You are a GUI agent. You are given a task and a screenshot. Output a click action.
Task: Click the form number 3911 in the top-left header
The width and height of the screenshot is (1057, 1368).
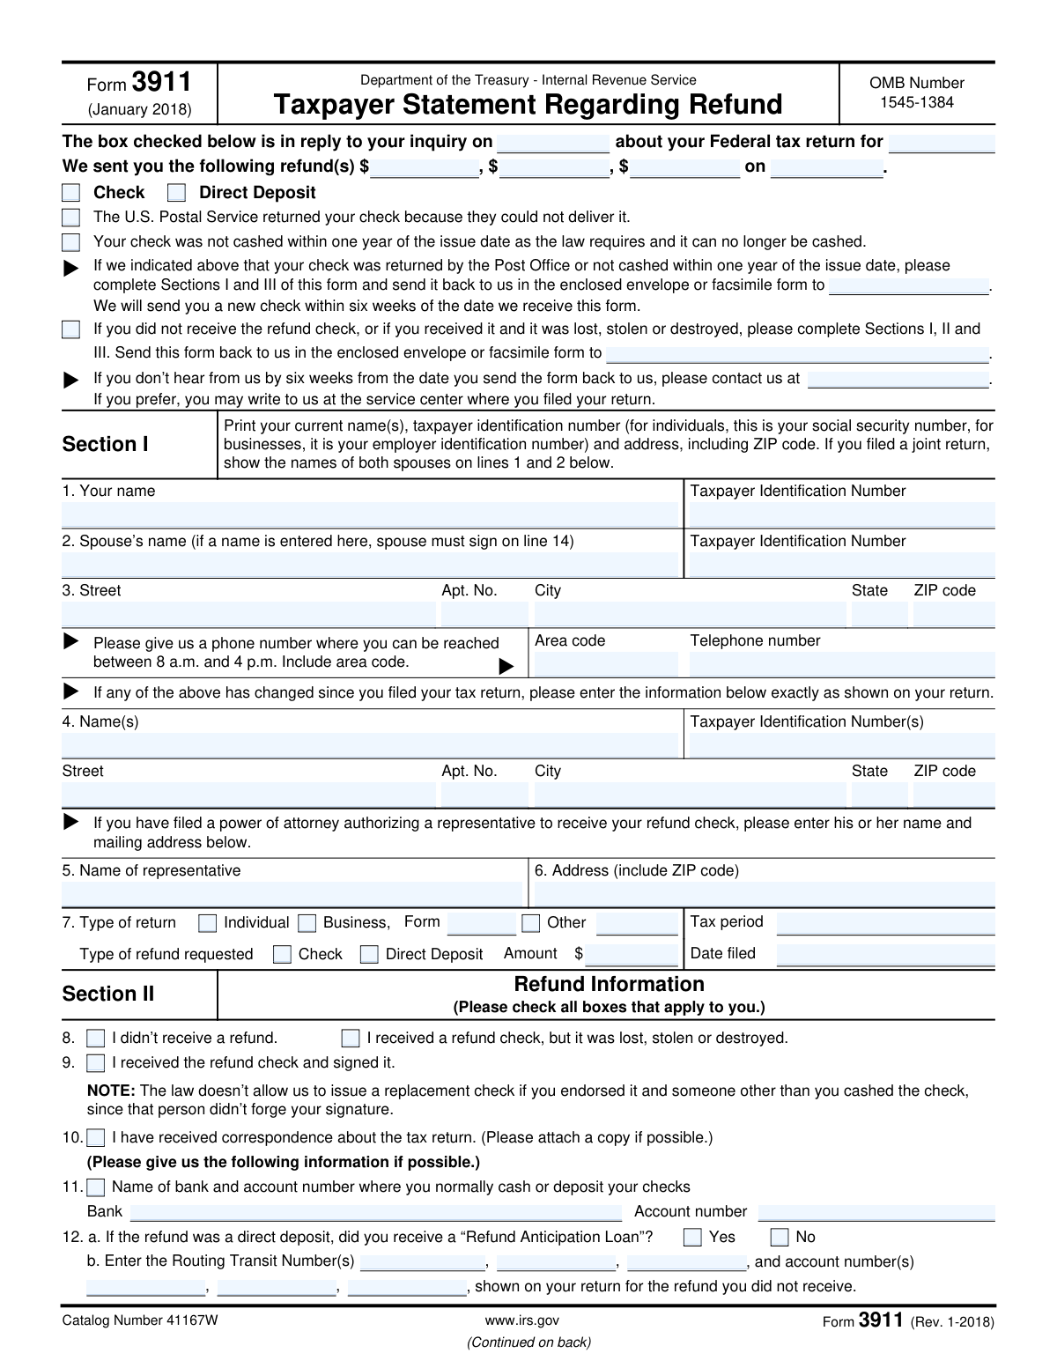161,83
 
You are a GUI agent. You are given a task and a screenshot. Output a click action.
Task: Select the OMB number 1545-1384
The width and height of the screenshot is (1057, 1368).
916,102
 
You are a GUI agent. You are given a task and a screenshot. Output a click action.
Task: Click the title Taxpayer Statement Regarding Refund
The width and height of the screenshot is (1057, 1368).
528,105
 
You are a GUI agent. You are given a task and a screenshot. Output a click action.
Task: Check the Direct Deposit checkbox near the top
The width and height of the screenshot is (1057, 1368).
176,193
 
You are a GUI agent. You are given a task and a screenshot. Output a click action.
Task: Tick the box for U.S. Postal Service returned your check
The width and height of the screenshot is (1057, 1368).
71,218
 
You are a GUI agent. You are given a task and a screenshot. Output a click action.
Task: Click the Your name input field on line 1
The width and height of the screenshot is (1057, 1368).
370,514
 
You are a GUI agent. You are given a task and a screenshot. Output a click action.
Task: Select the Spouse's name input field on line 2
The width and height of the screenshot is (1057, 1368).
370,565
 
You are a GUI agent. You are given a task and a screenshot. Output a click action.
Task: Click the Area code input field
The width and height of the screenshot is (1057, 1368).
605,664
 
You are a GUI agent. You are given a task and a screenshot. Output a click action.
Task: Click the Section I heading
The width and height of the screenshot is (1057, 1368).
105,445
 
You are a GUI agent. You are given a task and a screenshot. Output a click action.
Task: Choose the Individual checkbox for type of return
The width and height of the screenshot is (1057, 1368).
208,924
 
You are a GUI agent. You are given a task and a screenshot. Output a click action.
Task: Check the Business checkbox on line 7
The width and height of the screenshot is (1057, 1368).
307,924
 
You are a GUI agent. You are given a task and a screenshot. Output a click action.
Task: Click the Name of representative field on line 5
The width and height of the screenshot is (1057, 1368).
292,894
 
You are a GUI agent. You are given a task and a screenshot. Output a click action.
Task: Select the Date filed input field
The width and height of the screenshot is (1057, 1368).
885,954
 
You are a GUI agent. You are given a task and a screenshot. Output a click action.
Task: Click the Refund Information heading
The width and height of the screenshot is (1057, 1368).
609,984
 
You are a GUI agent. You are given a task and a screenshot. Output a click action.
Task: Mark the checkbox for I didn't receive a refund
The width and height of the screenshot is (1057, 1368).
96,1039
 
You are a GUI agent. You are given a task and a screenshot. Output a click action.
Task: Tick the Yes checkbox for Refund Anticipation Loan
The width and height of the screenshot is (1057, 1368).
693,1238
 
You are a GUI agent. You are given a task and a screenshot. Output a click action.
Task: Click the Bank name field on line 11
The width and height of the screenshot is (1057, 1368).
375,1213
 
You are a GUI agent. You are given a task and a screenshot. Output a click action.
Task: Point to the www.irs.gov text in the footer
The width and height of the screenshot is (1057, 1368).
521,1320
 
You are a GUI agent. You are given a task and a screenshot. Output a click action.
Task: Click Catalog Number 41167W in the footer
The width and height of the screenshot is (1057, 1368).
139,1320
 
